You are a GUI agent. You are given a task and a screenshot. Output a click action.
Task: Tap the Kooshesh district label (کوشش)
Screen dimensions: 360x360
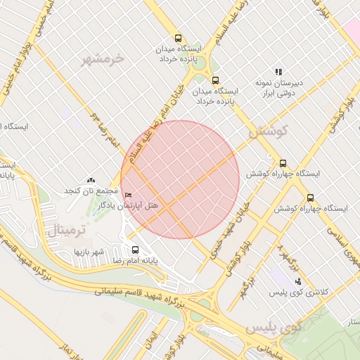point(269,131)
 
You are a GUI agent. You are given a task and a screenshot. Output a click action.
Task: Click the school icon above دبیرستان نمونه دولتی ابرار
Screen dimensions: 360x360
point(278,72)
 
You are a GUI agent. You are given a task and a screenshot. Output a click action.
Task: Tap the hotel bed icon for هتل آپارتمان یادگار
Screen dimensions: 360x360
point(127,195)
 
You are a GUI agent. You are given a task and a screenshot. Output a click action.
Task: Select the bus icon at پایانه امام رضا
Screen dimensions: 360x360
point(135,250)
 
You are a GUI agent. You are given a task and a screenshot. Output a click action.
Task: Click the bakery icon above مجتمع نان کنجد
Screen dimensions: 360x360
point(90,181)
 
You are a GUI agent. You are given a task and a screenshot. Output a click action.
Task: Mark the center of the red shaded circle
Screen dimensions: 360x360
point(180,179)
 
